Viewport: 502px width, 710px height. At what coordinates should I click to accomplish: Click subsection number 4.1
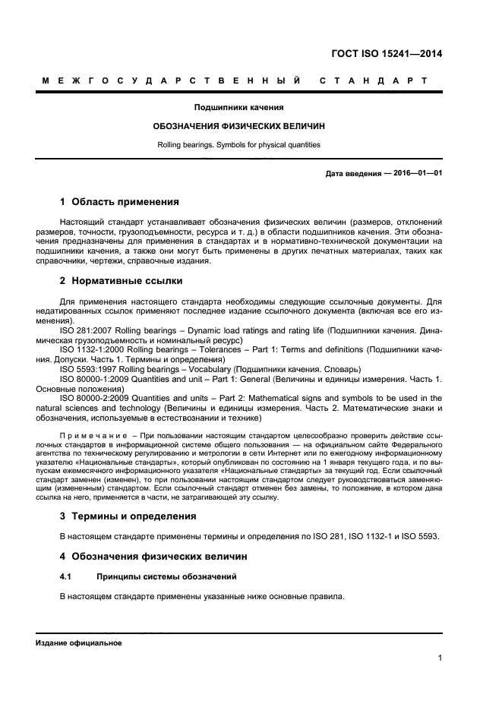click(65, 577)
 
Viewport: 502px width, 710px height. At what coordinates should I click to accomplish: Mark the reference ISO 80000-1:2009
click(95, 378)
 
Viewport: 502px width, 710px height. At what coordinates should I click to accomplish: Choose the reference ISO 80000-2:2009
click(95, 397)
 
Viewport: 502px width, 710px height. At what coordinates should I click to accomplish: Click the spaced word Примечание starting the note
click(94, 435)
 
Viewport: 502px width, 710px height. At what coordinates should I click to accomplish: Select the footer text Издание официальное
click(79, 642)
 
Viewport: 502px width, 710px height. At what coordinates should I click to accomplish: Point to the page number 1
click(440, 658)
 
